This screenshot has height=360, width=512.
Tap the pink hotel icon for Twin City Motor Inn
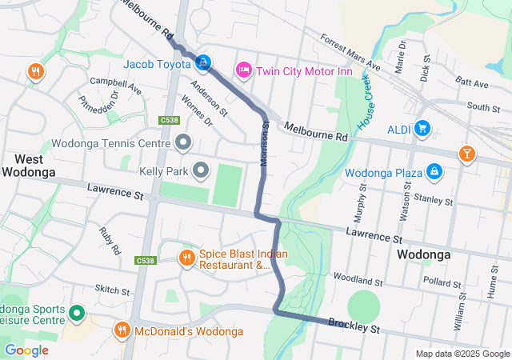pyautogui.click(x=244, y=71)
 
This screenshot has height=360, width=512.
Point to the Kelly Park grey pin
pyautogui.click(x=200, y=171)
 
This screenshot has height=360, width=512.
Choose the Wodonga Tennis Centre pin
pyautogui.click(x=183, y=144)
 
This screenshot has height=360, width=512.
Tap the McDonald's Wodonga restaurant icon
pyautogui.click(x=122, y=330)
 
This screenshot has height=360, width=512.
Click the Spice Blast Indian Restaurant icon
pyautogui.click(x=186, y=258)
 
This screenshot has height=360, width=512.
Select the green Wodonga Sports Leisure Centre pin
pyautogui.click(x=77, y=313)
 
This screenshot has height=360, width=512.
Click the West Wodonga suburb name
pyautogui.click(x=28, y=165)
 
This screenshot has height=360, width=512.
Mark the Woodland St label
pyautogui.click(x=358, y=281)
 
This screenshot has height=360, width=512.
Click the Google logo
pyautogui.click(x=26, y=350)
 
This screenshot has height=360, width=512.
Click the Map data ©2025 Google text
pyautogui.click(x=462, y=354)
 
